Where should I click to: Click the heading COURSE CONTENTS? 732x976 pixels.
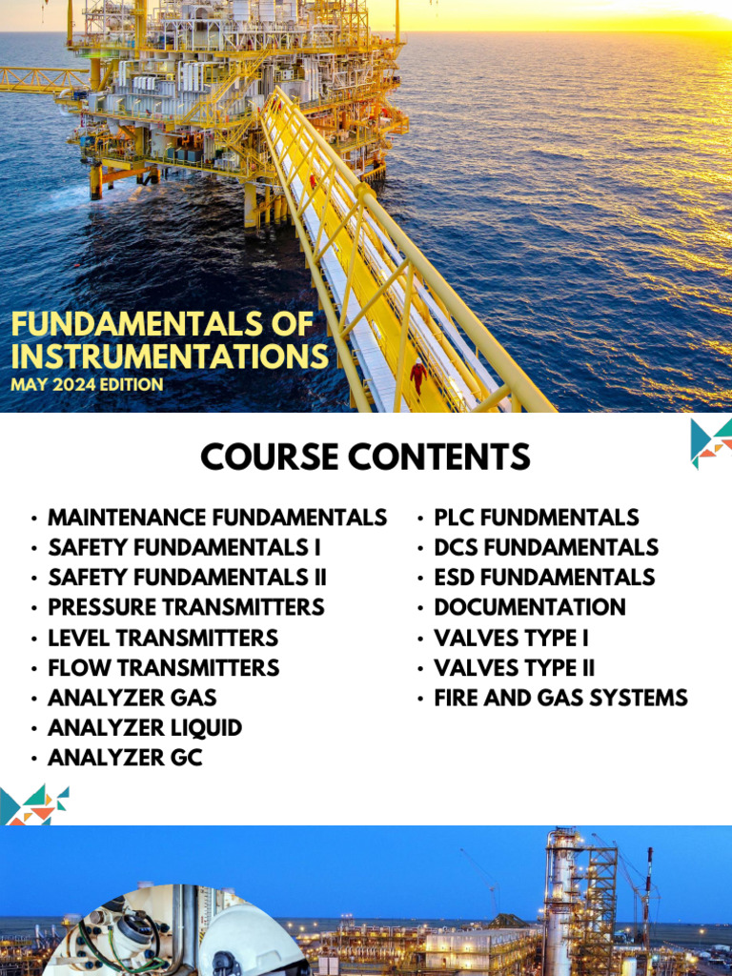pyautogui.click(x=365, y=457)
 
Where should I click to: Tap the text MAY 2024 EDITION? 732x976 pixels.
pyautogui.click(x=88, y=384)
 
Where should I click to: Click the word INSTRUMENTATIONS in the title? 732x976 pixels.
pyautogui.click(x=170, y=356)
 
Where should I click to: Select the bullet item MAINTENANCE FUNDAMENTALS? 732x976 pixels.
pyautogui.click(x=217, y=518)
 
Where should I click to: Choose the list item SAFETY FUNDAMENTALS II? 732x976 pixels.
pyautogui.click(x=187, y=578)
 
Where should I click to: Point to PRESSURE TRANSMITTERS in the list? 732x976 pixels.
pyautogui.click(x=186, y=607)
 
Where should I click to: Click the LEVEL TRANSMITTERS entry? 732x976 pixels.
pyautogui.click(x=163, y=638)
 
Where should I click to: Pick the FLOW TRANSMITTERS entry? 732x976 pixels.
pyautogui.click(x=164, y=667)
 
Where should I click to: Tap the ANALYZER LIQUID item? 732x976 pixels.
pyautogui.click(x=145, y=728)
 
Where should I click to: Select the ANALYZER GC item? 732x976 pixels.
pyautogui.click(x=125, y=759)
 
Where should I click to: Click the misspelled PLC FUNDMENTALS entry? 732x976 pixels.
pyautogui.click(x=537, y=518)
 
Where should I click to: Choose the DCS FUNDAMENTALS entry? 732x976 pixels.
pyautogui.click(x=546, y=547)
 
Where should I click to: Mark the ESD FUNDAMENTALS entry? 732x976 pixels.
pyautogui.click(x=544, y=578)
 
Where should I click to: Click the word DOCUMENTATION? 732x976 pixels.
pyautogui.click(x=530, y=607)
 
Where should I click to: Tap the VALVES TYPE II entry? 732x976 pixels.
pyautogui.click(x=515, y=667)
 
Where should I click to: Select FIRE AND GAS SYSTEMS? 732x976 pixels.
pyautogui.click(x=560, y=698)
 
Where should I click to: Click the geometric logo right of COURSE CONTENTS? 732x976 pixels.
pyautogui.click(x=711, y=442)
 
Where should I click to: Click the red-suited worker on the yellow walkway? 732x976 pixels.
pyautogui.click(x=417, y=376)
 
